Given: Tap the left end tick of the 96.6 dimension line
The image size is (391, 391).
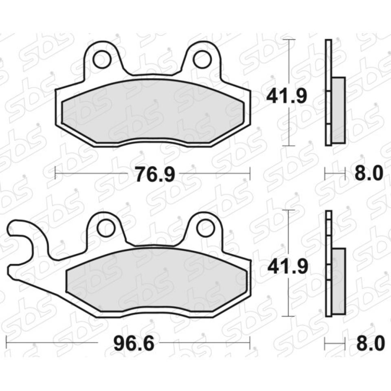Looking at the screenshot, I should click(7, 343).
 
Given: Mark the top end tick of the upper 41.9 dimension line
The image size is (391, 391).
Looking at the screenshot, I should click(289, 40).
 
